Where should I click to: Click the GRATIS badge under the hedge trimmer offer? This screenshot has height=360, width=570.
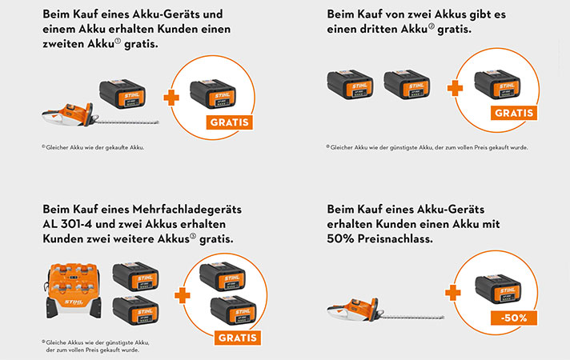tap(230, 122)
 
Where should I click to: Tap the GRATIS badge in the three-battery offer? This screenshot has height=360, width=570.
tap(514, 113)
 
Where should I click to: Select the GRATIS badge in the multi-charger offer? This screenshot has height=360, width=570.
tap(238, 338)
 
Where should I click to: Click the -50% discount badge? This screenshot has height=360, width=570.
tap(514, 318)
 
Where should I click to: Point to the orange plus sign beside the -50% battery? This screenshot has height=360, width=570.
tap(453, 293)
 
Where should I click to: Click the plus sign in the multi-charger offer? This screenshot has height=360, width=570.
tap(183, 295)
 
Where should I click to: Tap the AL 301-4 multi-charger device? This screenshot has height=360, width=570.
tap(74, 290)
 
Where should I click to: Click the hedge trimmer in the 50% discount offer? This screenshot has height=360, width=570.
tap(385, 310)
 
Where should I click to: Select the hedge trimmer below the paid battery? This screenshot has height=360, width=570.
tap(100, 115)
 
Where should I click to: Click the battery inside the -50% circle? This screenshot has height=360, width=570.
tap(498, 289)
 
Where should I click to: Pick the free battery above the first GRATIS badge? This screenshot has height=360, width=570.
tap(213, 94)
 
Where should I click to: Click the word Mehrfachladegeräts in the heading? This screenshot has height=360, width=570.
tap(187, 210)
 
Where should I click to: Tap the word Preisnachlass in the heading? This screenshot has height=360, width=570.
tap(395, 239)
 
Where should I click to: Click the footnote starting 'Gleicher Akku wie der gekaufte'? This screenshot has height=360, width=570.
tap(93, 147)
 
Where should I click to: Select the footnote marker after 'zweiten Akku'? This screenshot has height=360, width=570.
tap(118, 42)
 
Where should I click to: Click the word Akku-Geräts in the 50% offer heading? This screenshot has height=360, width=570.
tap(451, 210)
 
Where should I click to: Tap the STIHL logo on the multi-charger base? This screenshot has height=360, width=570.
tap(74, 302)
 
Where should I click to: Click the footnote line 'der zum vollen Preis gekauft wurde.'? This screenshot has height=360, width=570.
tap(93, 350)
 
